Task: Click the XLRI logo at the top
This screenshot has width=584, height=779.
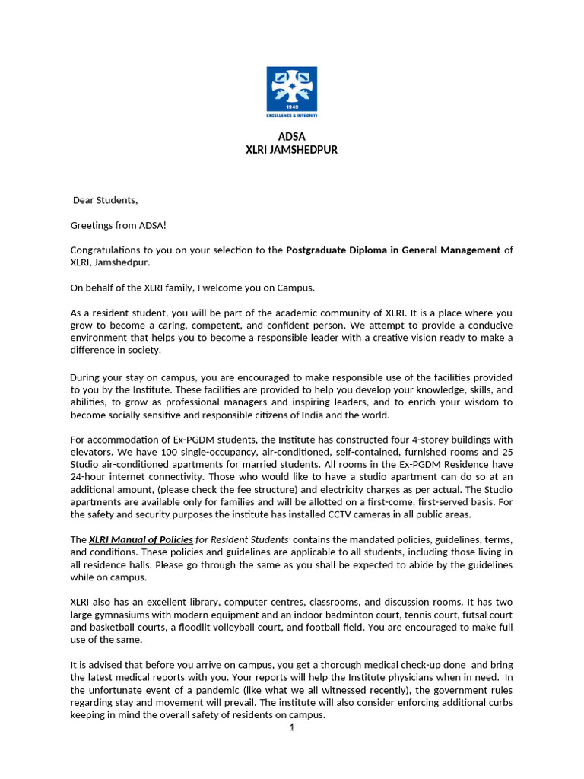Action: coord(291,92)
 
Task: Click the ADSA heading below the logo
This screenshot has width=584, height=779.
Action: coord(291,137)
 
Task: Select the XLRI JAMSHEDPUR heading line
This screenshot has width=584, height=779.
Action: coord(291,150)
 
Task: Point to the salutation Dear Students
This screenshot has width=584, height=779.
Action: coord(106,201)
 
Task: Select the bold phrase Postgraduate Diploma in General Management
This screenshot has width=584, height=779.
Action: coord(393,250)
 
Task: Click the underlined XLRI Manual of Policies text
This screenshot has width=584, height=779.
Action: coord(141,539)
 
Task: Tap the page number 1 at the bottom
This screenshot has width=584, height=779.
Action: coord(291,727)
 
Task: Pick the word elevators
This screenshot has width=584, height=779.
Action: coord(92,452)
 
